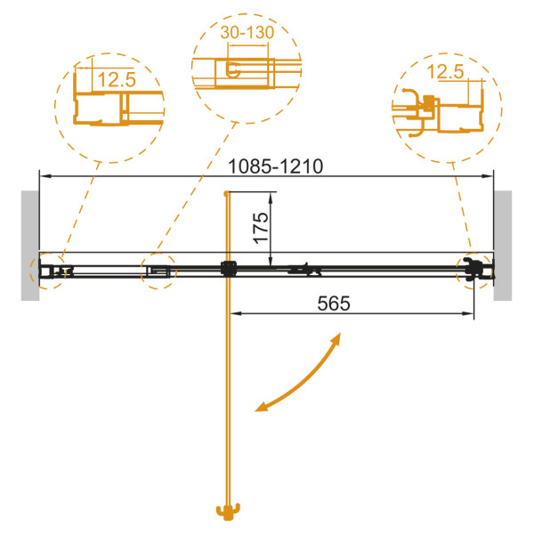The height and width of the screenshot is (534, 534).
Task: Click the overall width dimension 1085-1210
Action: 275,167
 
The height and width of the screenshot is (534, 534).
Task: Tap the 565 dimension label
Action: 334,303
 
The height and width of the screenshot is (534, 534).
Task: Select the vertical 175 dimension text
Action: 262,228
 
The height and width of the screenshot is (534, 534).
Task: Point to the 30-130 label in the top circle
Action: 247,32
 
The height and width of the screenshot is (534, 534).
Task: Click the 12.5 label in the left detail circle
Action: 117,80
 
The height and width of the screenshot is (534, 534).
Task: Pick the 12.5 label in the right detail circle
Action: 445,72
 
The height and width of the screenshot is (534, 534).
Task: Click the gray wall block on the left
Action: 30,246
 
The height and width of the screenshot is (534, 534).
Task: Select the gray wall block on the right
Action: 503,246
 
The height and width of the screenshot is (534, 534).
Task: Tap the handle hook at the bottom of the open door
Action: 228,512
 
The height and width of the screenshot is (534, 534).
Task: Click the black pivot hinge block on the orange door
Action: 229,269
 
